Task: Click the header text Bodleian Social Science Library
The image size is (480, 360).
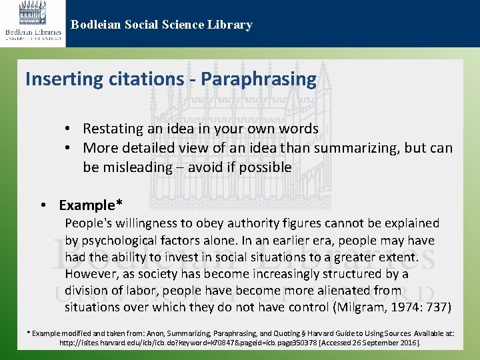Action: (161, 25)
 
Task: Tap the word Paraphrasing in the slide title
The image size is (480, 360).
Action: (259, 79)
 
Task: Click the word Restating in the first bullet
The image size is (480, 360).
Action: (113, 129)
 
